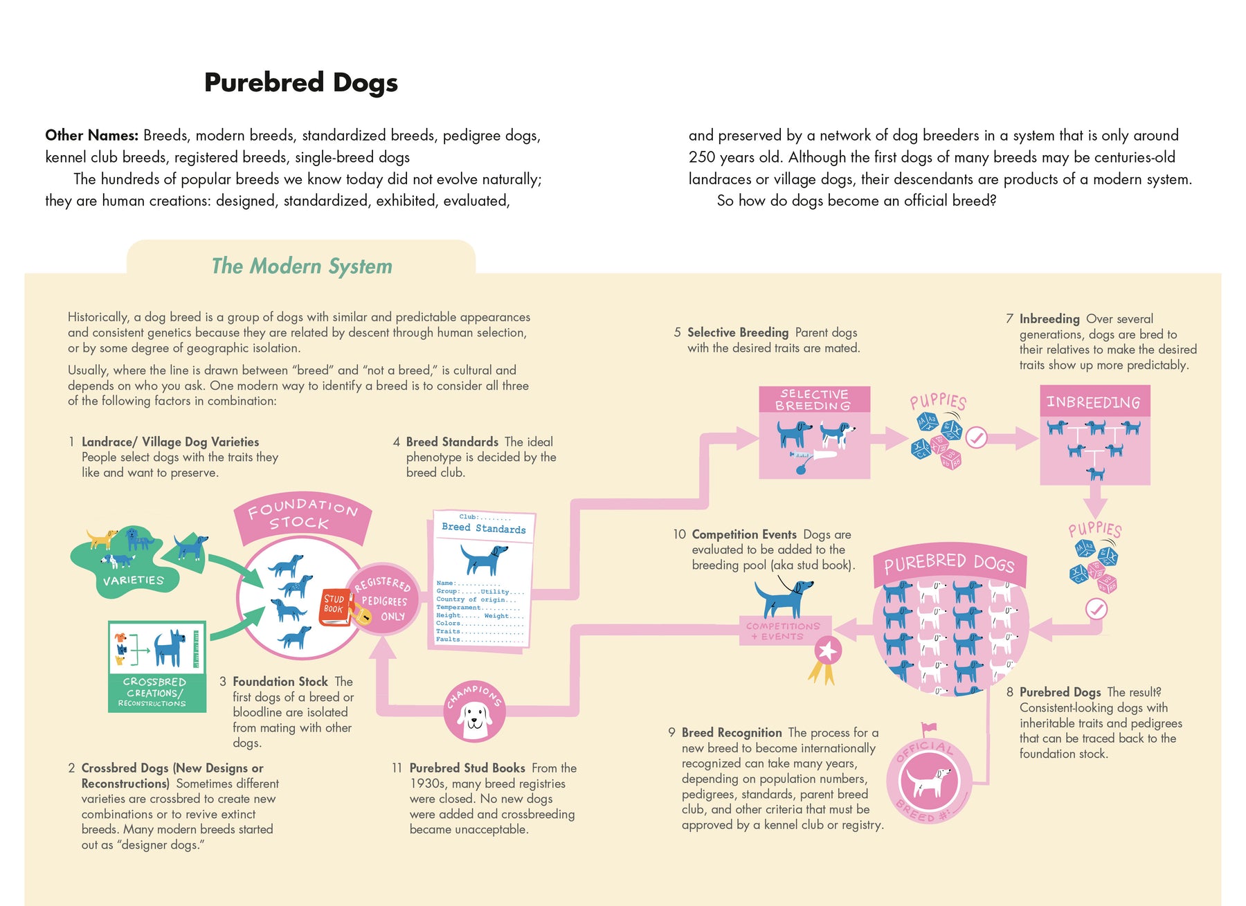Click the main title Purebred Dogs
[301, 82]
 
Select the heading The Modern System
[302, 266]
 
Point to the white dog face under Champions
[475, 716]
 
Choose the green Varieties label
[134, 580]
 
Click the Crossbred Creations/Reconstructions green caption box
[157, 692]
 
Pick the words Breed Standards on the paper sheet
[484, 528]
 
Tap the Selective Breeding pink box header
[814, 400]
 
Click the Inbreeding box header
[1094, 401]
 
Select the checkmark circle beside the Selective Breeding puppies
[976, 437]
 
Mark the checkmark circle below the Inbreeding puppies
[1096, 609]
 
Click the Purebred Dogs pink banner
[949, 564]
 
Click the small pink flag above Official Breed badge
[928, 728]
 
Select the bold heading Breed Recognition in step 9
[732, 732]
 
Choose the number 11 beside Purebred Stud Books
[397, 768]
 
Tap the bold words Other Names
[92, 135]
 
